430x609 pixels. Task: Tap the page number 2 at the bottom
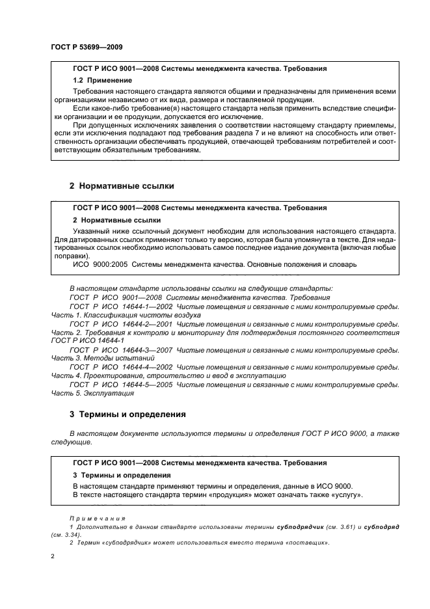(53, 557)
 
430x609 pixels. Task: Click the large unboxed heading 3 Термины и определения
(128, 414)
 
